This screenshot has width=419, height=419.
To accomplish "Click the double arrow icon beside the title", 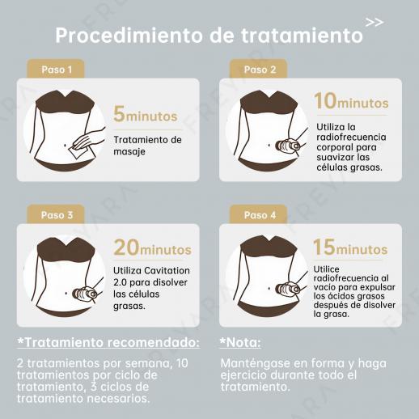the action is click(375, 23).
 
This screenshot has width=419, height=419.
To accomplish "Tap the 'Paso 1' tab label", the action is click(57, 70).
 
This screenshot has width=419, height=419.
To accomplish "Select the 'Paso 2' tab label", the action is click(260, 70).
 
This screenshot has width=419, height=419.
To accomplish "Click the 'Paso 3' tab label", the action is click(57, 215).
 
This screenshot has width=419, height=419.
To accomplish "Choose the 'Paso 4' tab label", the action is click(260, 215).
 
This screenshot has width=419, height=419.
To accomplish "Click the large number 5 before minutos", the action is click(119, 114).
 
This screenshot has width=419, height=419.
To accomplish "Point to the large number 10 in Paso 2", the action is click(325, 101).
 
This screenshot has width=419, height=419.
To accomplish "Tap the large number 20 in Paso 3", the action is click(126, 248).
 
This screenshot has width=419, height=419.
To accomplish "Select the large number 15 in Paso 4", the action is click(324, 247).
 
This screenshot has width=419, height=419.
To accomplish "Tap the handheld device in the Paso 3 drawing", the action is click(85, 294).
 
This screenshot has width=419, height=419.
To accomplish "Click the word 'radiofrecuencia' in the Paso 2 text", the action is click(351, 137).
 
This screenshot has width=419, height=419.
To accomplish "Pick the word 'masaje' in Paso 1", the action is click(129, 151).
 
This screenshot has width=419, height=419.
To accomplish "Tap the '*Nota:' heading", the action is click(240, 343).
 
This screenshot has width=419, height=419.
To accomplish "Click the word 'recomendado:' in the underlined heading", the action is click(154, 343).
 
